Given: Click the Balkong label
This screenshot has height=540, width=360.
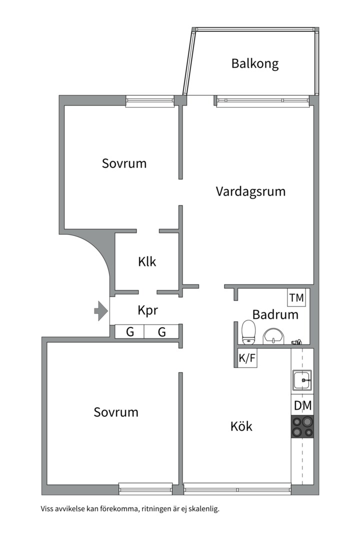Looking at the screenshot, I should coord(254,64).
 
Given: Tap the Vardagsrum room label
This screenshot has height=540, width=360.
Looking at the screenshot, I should coord(250,191).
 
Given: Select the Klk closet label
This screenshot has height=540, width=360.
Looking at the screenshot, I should coord(147,261).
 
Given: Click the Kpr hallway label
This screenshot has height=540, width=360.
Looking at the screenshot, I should coord(148,310).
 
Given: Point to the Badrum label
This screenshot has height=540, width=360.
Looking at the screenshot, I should coord(275,314).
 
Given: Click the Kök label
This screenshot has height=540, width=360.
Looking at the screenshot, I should coord(241,426).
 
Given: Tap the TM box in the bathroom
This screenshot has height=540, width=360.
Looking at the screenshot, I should coord(296,298).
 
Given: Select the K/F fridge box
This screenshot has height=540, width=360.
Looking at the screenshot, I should coord(247,358).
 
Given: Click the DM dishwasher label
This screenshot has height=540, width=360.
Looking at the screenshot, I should coord(302,406).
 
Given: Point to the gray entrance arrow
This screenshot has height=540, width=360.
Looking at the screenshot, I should coord(101,311).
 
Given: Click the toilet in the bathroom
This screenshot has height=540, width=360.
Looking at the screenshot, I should coord(248,332).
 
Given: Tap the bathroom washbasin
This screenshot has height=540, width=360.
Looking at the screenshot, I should coord(272,336).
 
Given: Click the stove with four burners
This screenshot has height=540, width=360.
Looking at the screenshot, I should coord(302,427).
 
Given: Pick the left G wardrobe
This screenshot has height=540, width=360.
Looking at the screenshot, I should coord(129,331).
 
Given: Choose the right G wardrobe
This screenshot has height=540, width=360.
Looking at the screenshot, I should coord(162,331).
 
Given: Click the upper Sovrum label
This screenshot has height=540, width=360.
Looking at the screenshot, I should coord(124,163).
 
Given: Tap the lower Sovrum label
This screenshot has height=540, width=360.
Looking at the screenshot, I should coord(116,412).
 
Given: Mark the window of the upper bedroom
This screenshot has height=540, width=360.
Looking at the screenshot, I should coord(149,101).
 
